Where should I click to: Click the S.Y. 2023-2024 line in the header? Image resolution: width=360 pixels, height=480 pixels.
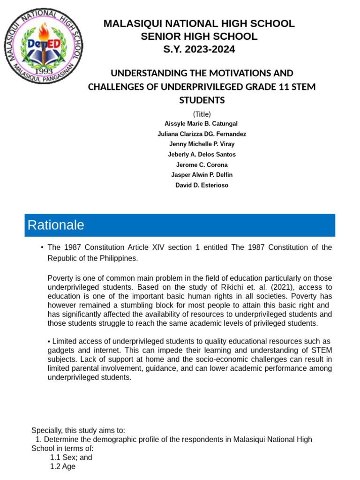199,49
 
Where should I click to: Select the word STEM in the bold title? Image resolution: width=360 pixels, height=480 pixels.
304,87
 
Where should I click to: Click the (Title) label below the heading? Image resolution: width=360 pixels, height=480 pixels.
202,113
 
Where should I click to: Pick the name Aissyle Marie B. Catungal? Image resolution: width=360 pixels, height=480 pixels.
201,124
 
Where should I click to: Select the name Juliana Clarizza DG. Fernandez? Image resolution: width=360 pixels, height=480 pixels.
202,134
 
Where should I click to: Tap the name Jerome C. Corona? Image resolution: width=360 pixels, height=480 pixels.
202,165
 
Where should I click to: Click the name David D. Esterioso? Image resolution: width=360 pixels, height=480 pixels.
202,185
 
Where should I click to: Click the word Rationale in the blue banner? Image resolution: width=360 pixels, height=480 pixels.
56,225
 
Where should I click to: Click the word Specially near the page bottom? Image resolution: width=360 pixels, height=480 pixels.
47,430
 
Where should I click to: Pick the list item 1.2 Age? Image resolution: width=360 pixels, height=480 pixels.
62,466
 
